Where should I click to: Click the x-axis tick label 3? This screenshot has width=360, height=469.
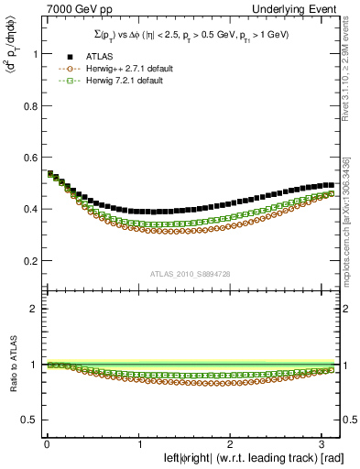pos(322,442)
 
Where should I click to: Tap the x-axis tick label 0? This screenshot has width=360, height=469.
pos(47,442)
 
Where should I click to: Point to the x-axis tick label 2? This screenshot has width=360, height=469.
pos(231,442)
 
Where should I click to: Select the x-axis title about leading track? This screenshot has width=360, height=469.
pos(254,457)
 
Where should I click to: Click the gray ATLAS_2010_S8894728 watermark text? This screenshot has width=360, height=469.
pos(191,274)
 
